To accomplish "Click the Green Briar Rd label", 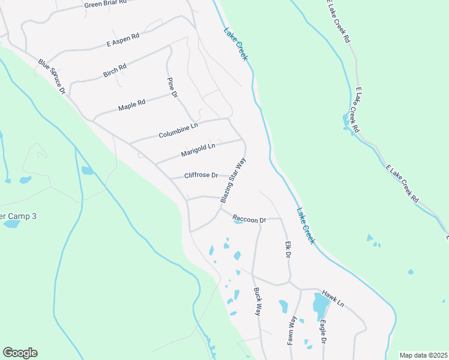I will pos(106,4).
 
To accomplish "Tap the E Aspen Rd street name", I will pos(122,40).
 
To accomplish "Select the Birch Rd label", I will pos(115,70).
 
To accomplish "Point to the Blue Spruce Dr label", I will pos(52,76).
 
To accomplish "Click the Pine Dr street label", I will pos(172,87).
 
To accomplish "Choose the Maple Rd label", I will pos(132,106).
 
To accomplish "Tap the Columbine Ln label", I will pos(178,131).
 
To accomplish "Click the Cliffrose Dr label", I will pos(201,175).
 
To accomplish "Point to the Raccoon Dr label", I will pos(249,220).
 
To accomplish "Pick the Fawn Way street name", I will pos(292,329).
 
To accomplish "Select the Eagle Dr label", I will pos(323,332).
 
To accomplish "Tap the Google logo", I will pos(20,353).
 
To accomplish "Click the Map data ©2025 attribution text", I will pos(423,355).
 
